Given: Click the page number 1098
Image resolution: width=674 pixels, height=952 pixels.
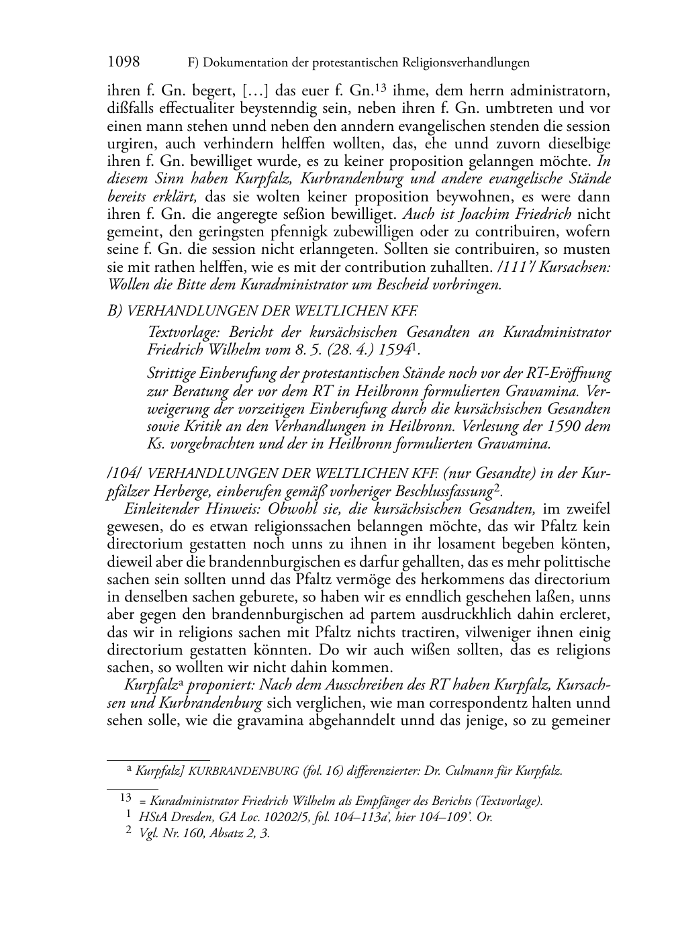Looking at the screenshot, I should click(x=124, y=62).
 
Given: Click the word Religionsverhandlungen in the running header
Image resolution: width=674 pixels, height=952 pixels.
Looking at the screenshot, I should click(x=466, y=63).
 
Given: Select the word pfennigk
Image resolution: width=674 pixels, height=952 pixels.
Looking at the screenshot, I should click(x=293, y=232).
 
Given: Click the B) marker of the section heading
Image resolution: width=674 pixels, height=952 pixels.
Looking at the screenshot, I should click(x=115, y=311).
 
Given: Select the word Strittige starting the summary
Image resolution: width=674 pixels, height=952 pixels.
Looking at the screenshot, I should click(x=173, y=373).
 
